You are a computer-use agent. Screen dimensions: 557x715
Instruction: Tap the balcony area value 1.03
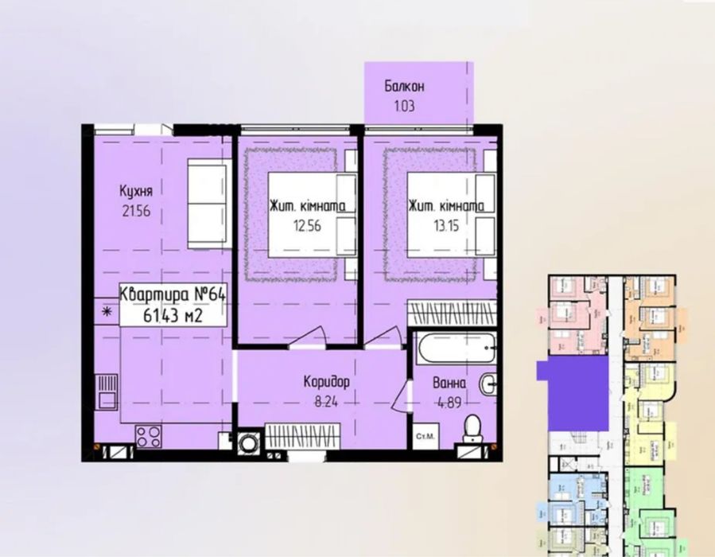point(403,104)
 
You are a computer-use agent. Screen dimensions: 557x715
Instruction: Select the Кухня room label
point(135,191)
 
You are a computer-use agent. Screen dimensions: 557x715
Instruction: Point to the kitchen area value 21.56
point(134,212)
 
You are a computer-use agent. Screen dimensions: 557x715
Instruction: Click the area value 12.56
point(305,225)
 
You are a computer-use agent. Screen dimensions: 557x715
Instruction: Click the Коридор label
point(327,382)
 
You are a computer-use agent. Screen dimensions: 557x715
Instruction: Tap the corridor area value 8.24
point(327,402)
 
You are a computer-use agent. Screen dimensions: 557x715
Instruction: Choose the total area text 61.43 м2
point(173,315)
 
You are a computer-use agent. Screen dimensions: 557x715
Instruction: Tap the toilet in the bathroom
point(472,427)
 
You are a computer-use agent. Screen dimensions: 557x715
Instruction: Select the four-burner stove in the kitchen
point(148,436)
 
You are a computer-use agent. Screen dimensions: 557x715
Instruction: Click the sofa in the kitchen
point(209,203)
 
